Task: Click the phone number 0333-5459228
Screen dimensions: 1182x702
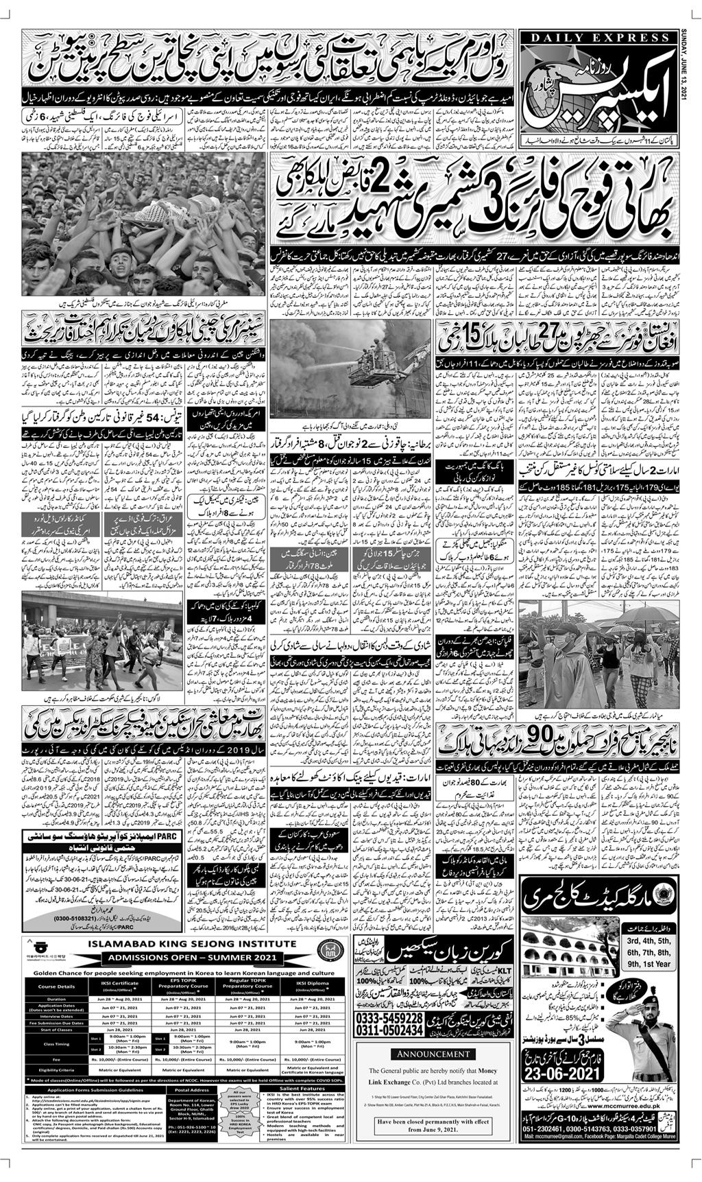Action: pyautogui.click(x=386, y=1017)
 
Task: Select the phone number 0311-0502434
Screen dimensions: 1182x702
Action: pyautogui.click(x=386, y=1031)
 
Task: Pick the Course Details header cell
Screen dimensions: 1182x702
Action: pyautogui.click(x=58, y=986)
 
